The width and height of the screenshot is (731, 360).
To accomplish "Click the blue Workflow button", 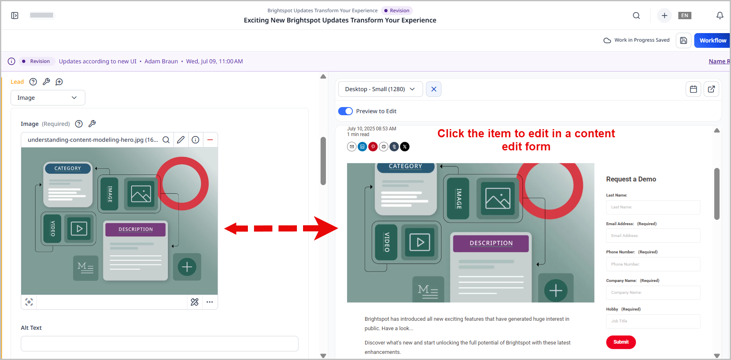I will pos(712,40).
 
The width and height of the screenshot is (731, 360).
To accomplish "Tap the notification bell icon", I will pos(720,16).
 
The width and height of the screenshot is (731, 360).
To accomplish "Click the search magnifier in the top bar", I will pos(636,16).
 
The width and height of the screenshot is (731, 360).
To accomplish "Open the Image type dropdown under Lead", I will pos(48,98).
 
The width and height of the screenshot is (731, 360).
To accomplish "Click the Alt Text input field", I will pos(159,344).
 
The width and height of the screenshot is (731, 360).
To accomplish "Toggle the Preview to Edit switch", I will pos(345,111).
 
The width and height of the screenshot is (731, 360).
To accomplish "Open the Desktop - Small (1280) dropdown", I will pos(380,89).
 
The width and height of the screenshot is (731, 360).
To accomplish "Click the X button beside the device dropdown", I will pos(434,89).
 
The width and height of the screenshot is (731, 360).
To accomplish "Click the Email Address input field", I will pos(653,236).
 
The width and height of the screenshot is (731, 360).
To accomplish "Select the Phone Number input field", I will pos(653,264).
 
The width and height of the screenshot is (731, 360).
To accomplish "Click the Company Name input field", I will pos(653,293).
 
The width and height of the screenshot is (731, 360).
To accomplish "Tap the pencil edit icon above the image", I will pos(181,140).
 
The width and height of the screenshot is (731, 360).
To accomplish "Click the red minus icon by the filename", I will pos(210,140).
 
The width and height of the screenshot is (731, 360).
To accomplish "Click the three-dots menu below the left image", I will pos(209,302).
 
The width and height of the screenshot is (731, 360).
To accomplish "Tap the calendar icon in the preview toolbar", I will pos(693,89).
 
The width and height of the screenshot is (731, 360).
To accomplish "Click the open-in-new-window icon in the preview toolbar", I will pos(711,89).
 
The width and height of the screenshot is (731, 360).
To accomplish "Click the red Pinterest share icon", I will pos(373,147).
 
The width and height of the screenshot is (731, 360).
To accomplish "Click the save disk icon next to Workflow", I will pos(683,40).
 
